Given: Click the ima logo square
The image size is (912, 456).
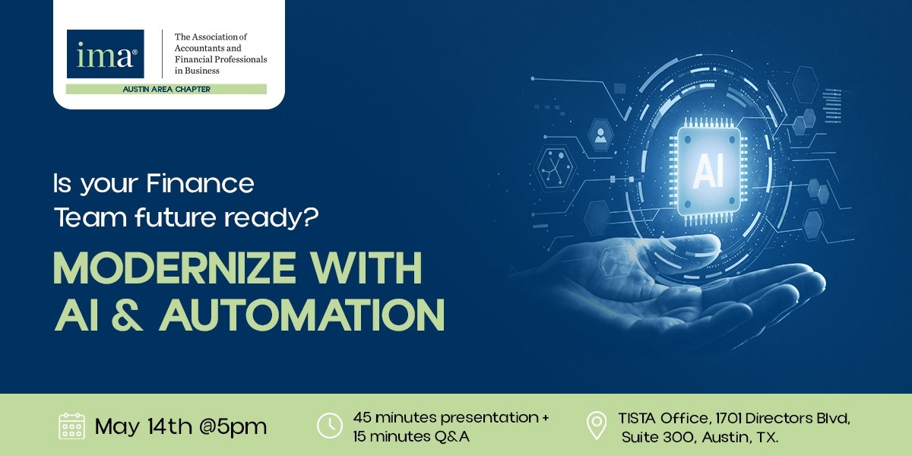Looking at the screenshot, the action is coord(105,54).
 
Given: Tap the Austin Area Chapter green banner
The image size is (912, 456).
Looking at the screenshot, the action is coord(166,89).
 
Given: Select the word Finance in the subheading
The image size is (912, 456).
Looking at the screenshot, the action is coord(200,184).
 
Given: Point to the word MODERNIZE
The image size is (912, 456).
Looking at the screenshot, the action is coord(174,268).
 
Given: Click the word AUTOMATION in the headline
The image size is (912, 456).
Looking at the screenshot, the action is coord(302,315).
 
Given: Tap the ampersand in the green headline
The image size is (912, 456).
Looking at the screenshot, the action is coord(127,315).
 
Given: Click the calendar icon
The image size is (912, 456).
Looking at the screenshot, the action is coord(71,426).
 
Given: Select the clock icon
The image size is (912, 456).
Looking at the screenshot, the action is coord(329,426).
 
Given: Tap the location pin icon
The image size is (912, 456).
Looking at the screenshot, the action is coord(597,426).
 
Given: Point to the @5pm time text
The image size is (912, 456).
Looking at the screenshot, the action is coord(233,427).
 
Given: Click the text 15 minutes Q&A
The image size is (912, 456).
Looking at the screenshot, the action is coord(411,436).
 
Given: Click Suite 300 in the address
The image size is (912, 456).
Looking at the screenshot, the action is coord(657,437).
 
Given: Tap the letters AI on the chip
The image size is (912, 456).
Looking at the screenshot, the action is coord(708,172).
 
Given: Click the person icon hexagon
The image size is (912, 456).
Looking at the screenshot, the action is coord(601,135).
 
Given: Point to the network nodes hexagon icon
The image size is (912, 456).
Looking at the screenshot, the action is coord(555,167).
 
